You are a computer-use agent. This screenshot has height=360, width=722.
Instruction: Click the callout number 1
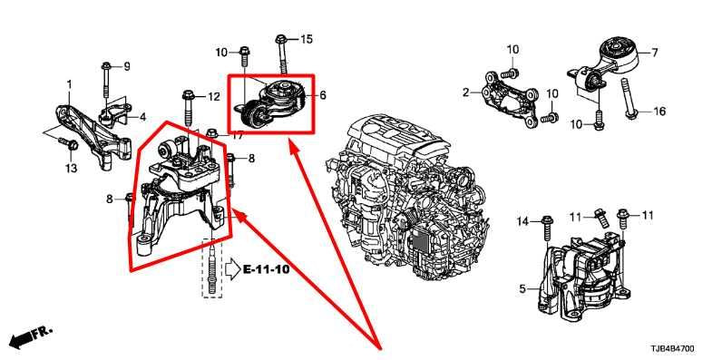point(69,84)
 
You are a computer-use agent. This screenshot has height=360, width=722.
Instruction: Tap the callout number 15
point(307,39)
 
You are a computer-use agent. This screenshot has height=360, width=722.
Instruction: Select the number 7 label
point(655,53)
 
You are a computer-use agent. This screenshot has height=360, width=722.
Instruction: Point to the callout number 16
point(659,112)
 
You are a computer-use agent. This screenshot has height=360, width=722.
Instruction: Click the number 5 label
point(522,289)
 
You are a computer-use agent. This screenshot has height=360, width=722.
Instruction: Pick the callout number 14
point(522,221)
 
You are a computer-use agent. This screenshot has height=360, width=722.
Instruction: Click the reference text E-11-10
point(266,269)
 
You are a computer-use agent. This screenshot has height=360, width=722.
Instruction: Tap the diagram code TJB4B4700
point(673,349)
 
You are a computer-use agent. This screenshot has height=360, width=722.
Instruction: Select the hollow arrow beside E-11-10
point(232,268)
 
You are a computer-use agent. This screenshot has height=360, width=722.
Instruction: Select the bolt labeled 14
point(547,228)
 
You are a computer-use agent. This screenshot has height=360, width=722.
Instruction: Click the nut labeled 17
point(212,133)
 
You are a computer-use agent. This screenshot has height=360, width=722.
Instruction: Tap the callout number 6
point(323,95)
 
